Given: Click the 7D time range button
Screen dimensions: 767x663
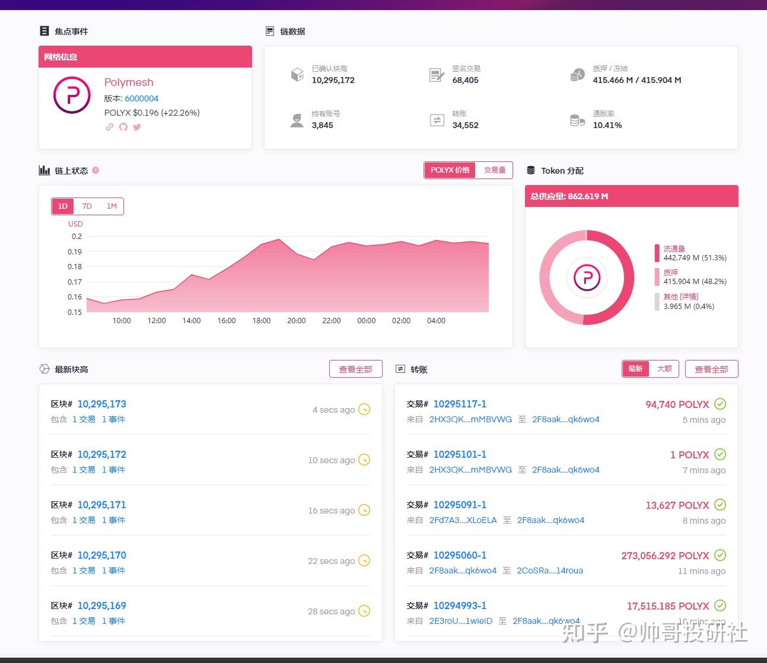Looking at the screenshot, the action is pyautogui.click(x=87, y=206).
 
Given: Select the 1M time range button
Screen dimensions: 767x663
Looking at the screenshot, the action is pyautogui.click(x=112, y=206).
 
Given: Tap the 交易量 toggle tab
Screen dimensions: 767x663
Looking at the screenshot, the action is pyautogui.click(x=494, y=170).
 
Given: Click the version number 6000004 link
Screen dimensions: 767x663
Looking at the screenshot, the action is pyautogui.click(x=141, y=98).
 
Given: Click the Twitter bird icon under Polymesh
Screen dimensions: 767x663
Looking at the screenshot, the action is pyautogui.click(x=137, y=127).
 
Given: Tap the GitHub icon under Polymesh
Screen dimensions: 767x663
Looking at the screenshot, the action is pyautogui.click(x=123, y=127).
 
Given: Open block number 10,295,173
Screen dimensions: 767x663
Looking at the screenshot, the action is pyautogui.click(x=101, y=404).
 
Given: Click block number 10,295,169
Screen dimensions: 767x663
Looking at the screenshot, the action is pyautogui.click(x=101, y=605).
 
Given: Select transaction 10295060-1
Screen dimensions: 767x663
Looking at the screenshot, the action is pyautogui.click(x=460, y=555).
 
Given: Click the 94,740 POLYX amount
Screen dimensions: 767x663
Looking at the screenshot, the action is pyautogui.click(x=677, y=404).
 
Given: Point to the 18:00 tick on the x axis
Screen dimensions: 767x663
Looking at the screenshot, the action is pyautogui.click(x=261, y=321).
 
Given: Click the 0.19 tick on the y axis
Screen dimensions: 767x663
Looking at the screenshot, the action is pyautogui.click(x=75, y=251).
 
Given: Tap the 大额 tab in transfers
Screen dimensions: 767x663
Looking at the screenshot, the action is pyautogui.click(x=664, y=369).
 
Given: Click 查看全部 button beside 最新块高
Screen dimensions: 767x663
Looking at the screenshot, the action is pyautogui.click(x=355, y=369).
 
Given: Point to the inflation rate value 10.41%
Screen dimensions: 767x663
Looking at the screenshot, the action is pyautogui.click(x=607, y=125).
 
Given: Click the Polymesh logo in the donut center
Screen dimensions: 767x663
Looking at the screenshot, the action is pyautogui.click(x=587, y=278).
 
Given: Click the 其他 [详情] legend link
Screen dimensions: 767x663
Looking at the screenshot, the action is pyautogui.click(x=680, y=297).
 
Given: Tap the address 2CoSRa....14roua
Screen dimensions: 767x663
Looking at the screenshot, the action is pyautogui.click(x=549, y=570).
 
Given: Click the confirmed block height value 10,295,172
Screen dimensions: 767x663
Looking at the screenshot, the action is pyautogui.click(x=333, y=80).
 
